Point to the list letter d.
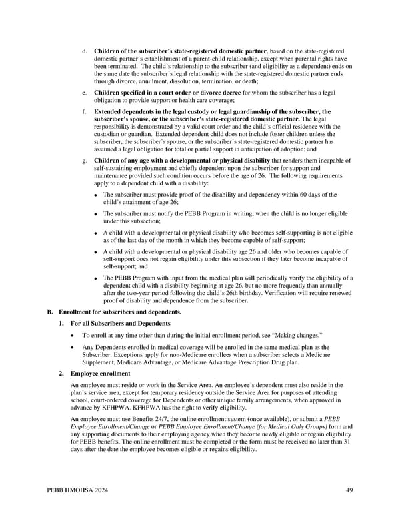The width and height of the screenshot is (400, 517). tap(83, 51)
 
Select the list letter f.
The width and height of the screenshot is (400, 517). tap(83, 111)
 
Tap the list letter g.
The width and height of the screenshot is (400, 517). tap(83, 161)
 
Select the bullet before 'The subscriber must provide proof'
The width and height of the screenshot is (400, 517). tap(96, 195)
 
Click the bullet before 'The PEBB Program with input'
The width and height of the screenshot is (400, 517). tap(96, 278)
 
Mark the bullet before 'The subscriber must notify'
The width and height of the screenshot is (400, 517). tap(96, 213)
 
